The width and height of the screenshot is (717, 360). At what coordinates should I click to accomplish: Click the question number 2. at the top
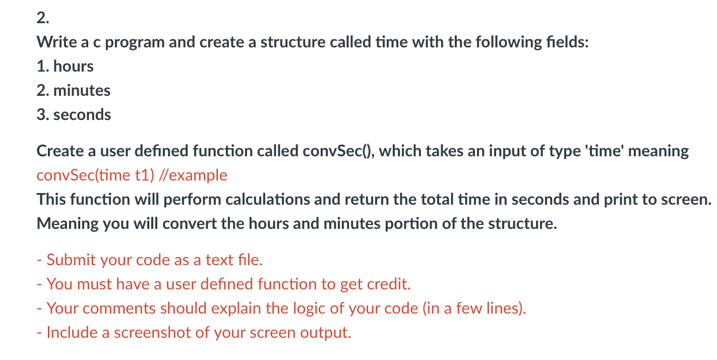(43, 18)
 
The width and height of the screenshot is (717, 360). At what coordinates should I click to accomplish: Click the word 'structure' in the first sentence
(293, 42)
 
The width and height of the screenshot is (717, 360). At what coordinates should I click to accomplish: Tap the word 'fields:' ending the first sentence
(567, 42)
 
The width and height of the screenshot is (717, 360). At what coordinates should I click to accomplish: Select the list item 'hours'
(73, 66)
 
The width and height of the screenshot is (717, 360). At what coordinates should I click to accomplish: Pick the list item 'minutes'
(82, 91)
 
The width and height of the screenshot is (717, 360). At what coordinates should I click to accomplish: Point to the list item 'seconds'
(82, 114)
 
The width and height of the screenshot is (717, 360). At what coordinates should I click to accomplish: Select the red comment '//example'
(193, 175)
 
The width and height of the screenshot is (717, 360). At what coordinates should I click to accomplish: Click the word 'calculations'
(268, 199)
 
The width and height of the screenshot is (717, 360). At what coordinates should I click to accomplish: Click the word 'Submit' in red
(71, 260)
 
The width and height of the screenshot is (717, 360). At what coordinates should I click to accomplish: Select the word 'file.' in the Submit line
(250, 260)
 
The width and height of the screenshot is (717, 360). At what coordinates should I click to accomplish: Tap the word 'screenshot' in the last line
(153, 332)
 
